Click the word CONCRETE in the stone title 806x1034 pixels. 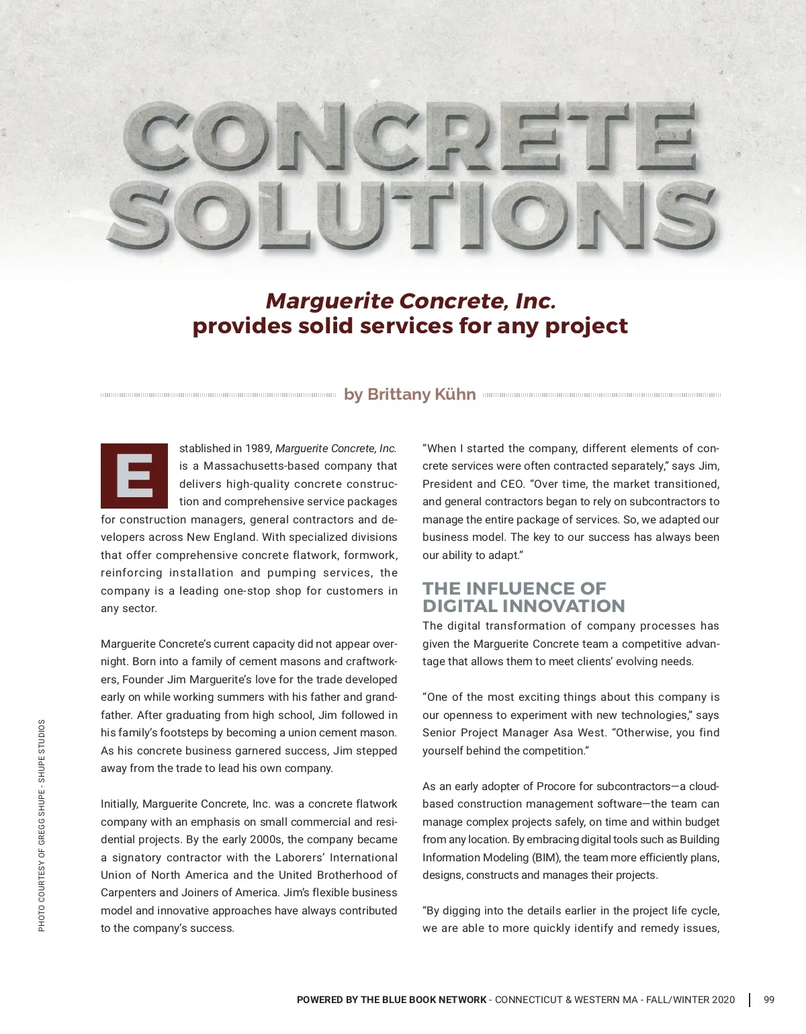[x=410, y=138]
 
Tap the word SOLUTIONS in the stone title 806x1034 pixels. [x=411, y=214]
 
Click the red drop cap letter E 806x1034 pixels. [x=134, y=476]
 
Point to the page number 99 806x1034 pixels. [x=769, y=1000]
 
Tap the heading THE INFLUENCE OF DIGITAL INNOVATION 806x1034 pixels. [x=523, y=597]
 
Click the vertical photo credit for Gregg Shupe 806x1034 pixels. [x=42, y=825]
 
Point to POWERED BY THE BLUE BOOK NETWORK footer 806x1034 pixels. [x=391, y=1000]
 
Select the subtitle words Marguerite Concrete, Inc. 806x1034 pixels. [x=410, y=301]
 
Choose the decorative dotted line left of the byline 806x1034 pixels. [x=218, y=395]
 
